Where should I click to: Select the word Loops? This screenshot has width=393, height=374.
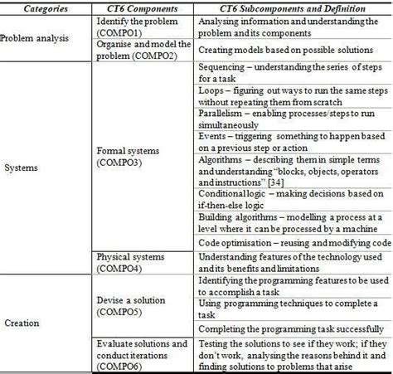214,90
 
